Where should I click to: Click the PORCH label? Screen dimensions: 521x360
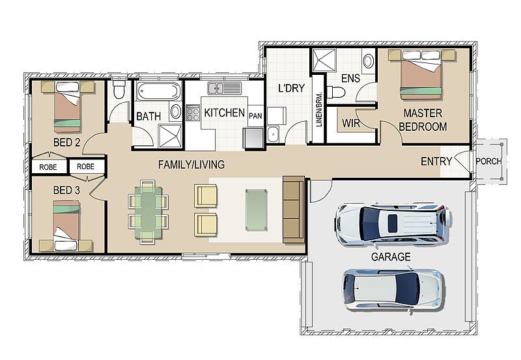click(x=488, y=161)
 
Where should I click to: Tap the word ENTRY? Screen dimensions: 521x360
click(x=436, y=161)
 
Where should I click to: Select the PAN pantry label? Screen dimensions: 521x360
click(x=255, y=116)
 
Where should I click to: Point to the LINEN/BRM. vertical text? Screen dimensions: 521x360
click(x=318, y=109)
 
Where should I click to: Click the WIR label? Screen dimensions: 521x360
click(x=351, y=123)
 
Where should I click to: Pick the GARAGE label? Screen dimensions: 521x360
click(x=390, y=256)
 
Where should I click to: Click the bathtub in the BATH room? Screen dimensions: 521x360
click(x=158, y=90)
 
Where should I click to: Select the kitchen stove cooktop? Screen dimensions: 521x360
click(x=192, y=113)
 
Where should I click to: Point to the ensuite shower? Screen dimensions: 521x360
click(x=324, y=60)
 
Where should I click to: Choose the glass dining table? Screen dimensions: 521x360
click(x=148, y=212)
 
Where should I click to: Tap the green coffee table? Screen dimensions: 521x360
click(x=256, y=210)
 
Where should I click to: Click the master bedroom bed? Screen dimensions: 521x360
click(x=421, y=74)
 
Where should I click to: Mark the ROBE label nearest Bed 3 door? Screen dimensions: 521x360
click(x=86, y=167)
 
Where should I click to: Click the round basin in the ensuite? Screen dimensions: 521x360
click(x=368, y=61)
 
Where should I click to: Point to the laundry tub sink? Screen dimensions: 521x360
click(x=273, y=134)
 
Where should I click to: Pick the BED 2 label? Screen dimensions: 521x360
click(x=67, y=143)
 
